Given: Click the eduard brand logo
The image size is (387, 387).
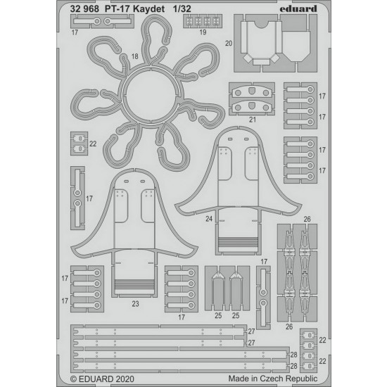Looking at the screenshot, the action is [298, 9].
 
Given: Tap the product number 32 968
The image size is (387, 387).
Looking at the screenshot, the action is [84, 9].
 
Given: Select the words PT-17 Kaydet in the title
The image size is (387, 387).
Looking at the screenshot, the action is [134, 9].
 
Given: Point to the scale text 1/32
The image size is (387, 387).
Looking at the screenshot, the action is [182, 9].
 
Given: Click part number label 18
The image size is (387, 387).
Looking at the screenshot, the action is [135, 56].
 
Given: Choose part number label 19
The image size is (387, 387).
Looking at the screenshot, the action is [203, 32].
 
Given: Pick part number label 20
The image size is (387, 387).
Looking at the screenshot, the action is [229, 43].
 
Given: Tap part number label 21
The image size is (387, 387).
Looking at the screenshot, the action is [252, 120].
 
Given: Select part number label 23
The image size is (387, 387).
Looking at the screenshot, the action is [135, 304].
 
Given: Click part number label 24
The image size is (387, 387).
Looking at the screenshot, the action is [209, 219].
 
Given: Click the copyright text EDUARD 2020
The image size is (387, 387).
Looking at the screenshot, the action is [102, 379].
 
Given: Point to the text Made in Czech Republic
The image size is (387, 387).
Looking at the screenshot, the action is [273, 379].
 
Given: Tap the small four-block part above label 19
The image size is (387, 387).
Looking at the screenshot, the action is [203, 21].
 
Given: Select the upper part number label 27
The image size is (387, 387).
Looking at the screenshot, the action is [251, 331].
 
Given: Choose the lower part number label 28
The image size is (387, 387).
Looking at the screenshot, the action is [293, 366].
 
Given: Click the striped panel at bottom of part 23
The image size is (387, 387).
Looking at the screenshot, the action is [134, 284].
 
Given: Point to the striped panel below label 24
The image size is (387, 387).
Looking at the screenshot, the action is [238, 241].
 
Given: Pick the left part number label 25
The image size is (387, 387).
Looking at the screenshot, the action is [218, 316].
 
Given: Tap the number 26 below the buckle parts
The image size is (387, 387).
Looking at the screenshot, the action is [289, 326].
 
